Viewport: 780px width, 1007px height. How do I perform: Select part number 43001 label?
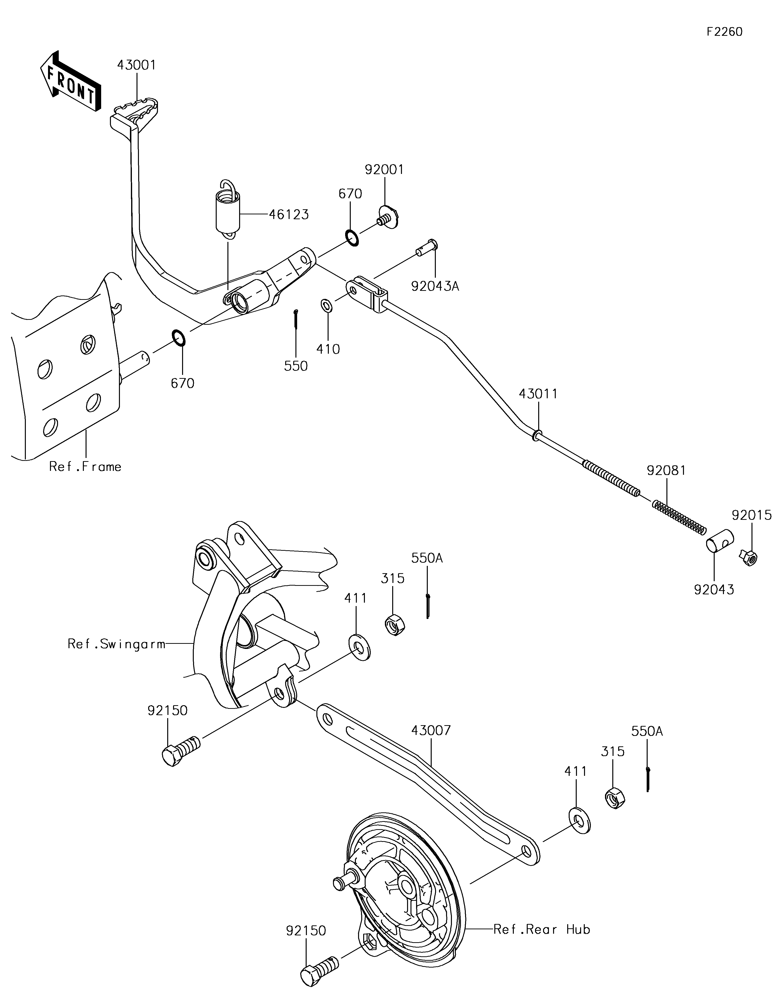(x=136, y=65)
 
